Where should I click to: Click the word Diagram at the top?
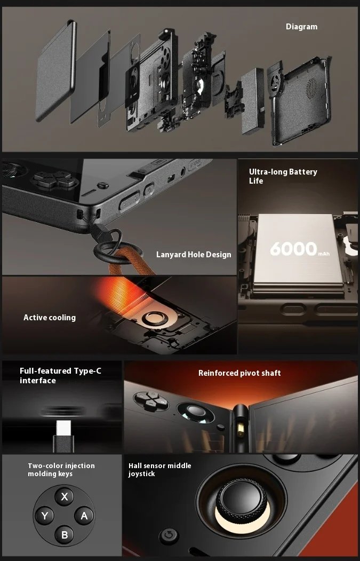(301, 27)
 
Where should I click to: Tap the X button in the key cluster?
(65, 496)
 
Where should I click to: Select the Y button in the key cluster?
(45, 516)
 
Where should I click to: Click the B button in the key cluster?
(65, 534)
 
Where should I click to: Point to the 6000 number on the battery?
(293, 248)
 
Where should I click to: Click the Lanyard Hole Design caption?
(194, 255)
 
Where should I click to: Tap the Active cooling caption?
(50, 318)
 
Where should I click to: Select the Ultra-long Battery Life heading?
(283, 176)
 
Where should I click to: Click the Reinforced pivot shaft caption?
(239, 373)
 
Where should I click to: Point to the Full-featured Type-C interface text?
(60, 376)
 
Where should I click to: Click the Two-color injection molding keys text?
(61, 470)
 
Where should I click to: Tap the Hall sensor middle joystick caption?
(159, 470)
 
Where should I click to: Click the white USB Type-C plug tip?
(64, 428)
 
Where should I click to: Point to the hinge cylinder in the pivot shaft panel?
(241, 424)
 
